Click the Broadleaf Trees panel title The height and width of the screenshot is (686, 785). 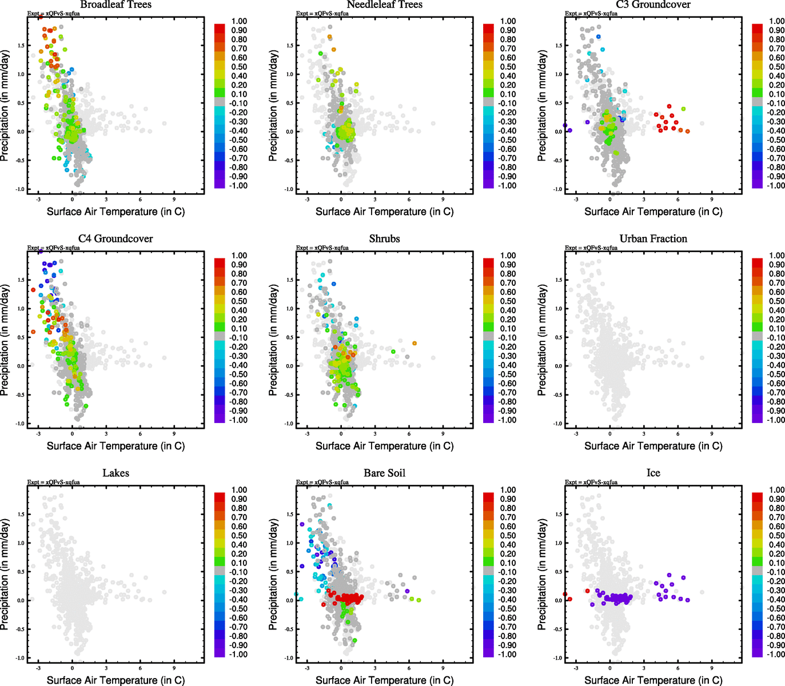tap(115, 5)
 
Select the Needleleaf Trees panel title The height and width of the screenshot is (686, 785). tap(384, 5)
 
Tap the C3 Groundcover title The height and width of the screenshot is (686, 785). tap(653, 5)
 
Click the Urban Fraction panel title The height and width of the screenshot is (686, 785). tap(653, 239)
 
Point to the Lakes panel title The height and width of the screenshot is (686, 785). tap(115, 473)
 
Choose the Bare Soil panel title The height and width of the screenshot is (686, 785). tap(384, 473)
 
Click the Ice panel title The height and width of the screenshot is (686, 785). tap(653, 473)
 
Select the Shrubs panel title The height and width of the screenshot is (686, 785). tap(384, 239)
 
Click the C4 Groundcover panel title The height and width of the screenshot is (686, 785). tap(115, 239)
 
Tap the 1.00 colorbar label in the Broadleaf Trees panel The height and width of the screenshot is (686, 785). tap(239, 21)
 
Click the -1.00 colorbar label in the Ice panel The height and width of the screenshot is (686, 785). tap(776, 655)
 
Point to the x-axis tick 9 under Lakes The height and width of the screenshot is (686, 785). tap(174, 668)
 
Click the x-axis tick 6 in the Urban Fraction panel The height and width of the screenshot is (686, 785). tap(678, 433)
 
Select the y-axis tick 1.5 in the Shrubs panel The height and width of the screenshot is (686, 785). tap(290, 280)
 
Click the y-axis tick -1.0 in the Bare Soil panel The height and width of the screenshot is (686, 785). tap(289, 658)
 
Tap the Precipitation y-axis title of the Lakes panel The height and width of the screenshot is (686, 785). tap(5, 575)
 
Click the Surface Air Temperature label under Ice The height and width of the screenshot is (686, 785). tap(653, 680)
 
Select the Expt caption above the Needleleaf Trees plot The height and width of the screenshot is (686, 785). tap(322, 14)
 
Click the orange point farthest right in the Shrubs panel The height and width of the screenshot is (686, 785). tap(415, 343)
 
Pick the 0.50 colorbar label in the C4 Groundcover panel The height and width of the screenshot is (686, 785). tap(239, 301)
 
